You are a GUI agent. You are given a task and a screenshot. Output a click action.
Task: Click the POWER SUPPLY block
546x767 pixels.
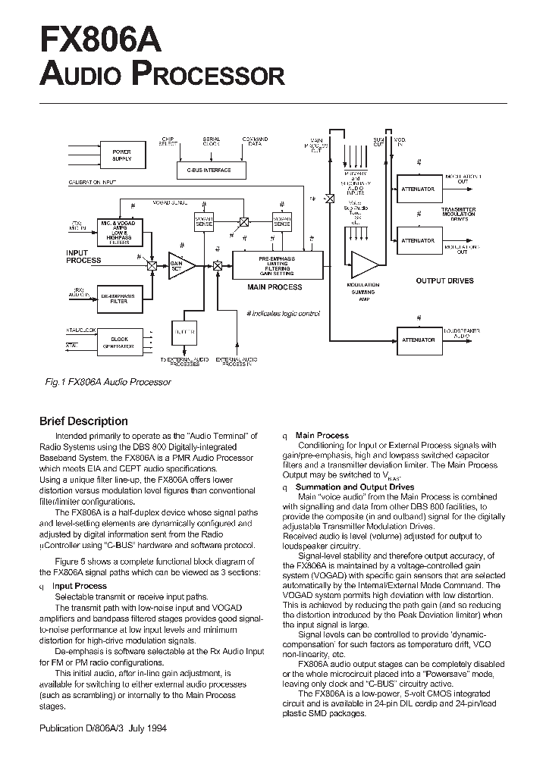point(121,155)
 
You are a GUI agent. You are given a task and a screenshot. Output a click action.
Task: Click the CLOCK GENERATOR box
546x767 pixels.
point(121,342)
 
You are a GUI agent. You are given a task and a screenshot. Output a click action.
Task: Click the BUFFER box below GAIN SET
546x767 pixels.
point(186,332)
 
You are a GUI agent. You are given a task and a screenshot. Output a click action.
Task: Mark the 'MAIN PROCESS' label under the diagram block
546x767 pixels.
point(275,287)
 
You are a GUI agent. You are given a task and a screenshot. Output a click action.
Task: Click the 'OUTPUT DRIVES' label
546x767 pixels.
point(444,281)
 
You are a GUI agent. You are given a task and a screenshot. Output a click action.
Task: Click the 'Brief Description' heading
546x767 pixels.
point(83,421)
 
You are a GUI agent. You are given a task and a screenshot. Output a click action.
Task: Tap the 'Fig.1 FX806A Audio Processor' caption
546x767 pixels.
point(108,382)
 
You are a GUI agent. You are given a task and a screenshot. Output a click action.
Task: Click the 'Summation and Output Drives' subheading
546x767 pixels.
point(355,487)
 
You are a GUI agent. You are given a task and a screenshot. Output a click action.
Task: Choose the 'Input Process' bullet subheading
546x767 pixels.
point(79,586)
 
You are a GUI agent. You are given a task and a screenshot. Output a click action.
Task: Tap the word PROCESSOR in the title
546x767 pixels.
point(208,74)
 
